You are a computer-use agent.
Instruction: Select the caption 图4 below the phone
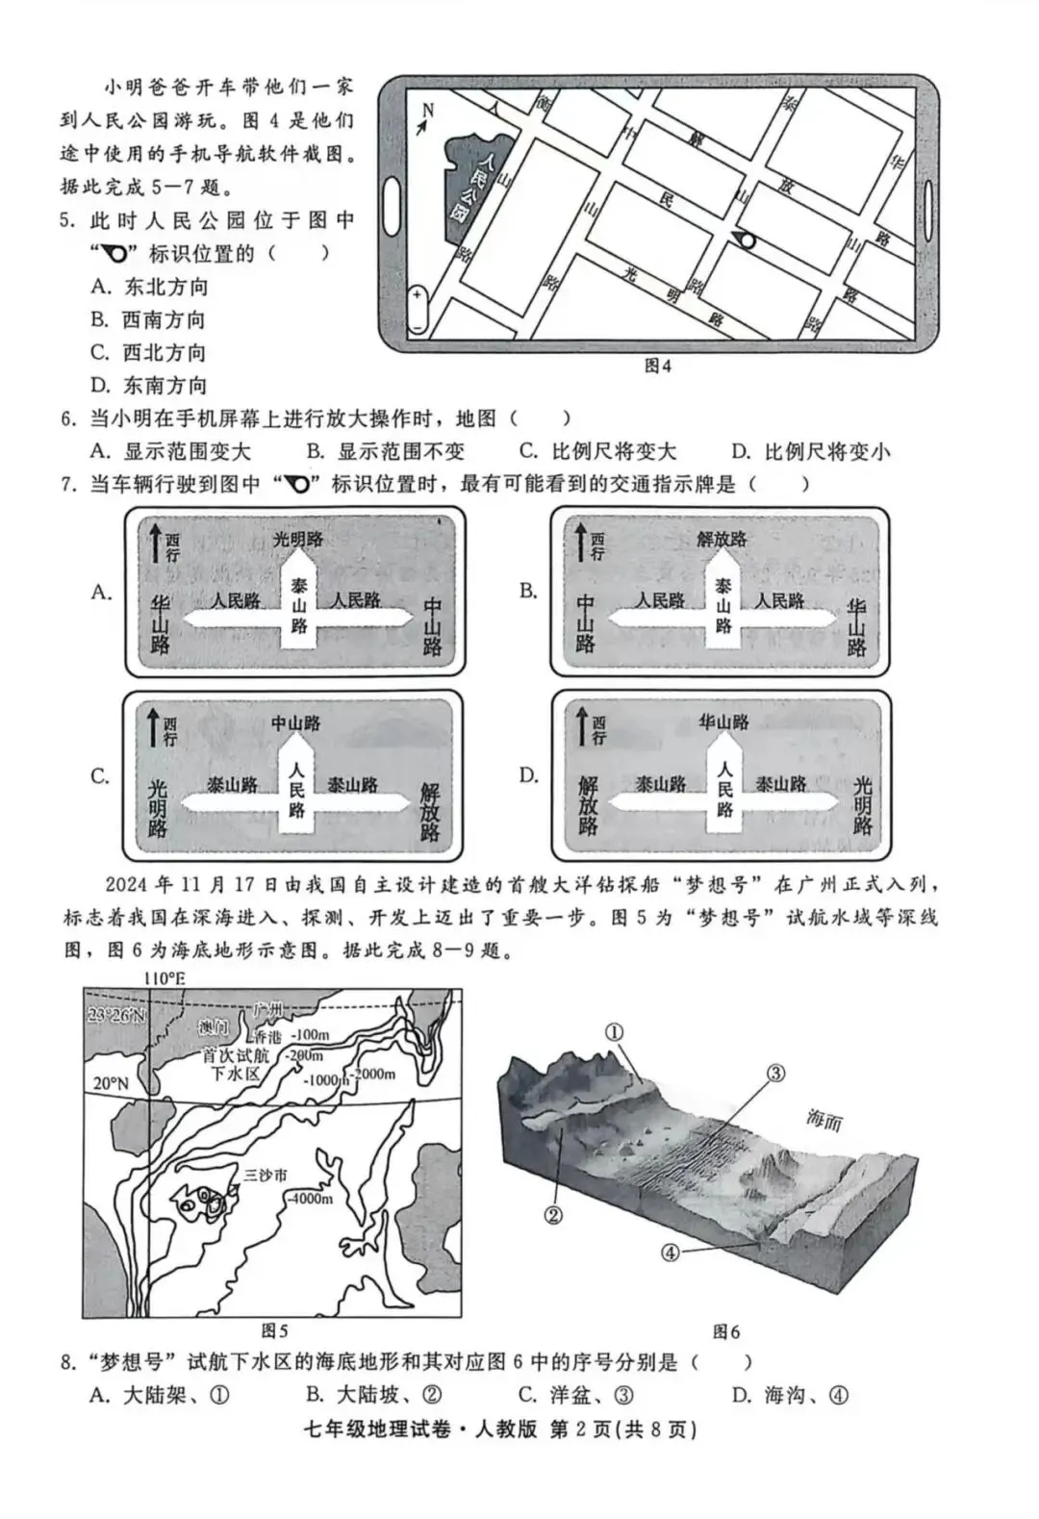click(657, 367)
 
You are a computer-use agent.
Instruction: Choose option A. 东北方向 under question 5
click(150, 287)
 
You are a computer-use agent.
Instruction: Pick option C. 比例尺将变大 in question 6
click(597, 451)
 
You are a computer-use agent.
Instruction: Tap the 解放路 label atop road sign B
click(722, 539)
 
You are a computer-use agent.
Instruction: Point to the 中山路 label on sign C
click(295, 723)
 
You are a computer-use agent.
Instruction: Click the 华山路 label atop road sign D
click(722, 722)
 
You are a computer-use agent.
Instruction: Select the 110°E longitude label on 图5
click(165, 978)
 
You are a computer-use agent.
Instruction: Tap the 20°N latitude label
click(111, 1083)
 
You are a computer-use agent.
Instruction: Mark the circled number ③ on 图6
click(776, 1073)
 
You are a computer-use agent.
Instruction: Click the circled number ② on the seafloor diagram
click(553, 1215)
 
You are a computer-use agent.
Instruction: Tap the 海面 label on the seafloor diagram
click(824, 1120)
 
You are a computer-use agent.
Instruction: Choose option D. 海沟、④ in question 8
click(790, 1395)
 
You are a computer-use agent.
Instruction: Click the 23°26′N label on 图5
click(116, 1015)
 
